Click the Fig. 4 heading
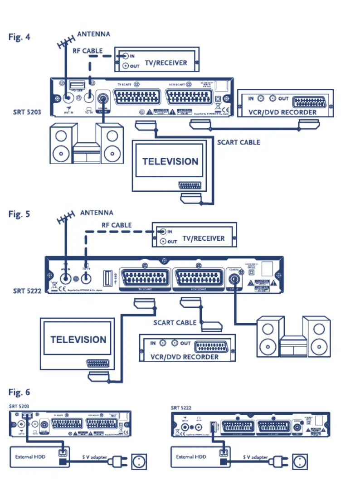[19, 37]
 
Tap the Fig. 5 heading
[19, 214]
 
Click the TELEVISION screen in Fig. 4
[170, 162]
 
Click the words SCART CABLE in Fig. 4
[238, 142]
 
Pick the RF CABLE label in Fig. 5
[117, 225]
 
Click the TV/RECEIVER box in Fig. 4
[157, 59]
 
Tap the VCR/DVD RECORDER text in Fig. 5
[185, 357]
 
